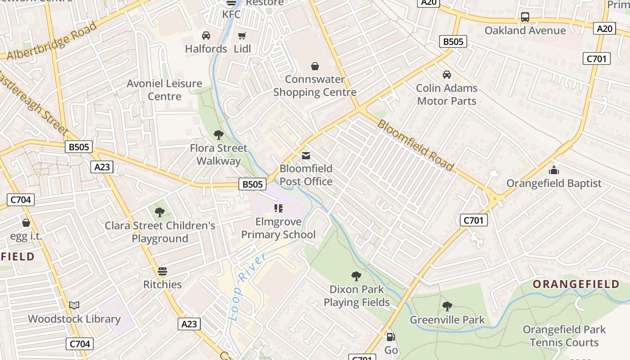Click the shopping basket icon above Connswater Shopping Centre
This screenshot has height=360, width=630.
[315, 67]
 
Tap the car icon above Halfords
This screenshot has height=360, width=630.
[206, 36]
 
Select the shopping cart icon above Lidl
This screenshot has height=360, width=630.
[242, 36]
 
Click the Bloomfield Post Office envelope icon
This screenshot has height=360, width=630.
[306, 156]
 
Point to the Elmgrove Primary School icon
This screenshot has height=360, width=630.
[279, 208]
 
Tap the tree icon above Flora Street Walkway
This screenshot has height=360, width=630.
[219, 135]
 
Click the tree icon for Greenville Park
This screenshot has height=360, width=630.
[447, 306]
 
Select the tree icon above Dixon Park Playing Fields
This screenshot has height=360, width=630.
[356, 276]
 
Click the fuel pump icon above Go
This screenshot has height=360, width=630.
[391, 337]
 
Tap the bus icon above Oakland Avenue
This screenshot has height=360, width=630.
[525, 17]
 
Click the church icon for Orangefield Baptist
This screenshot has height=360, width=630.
[554, 170]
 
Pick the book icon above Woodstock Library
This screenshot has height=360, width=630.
[74, 306]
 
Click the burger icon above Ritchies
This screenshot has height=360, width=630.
[162, 271]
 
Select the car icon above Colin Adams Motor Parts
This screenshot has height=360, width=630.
[446, 75]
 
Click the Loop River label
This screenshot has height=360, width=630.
[247, 286]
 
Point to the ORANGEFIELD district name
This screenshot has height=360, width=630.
[576, 284]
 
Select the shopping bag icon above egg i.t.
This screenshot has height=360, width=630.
[26, 223]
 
